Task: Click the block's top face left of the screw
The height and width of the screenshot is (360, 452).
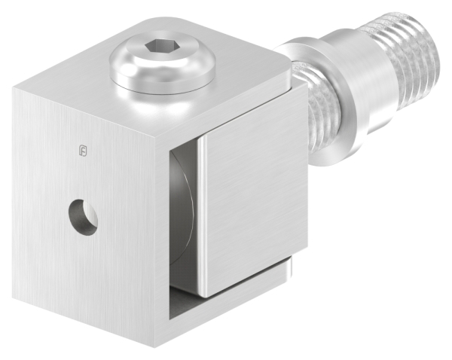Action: [75, 83]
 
